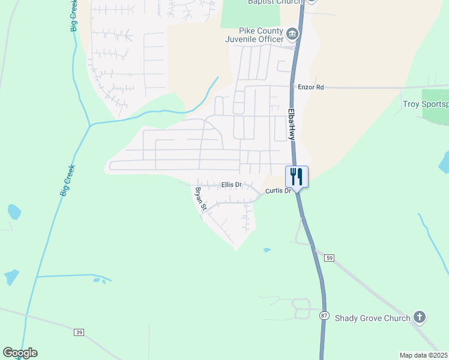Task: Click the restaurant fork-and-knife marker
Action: click(x=297, y=177)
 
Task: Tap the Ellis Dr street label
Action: click(x=231, y=185)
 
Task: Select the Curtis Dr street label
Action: click(x=278, y=191)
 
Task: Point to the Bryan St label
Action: click(x=200, y=199)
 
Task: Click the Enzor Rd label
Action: click(x=311, y=87)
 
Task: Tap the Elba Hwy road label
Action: click(x=291, y=124)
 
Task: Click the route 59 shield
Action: click(x=328, y=257)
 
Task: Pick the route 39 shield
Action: click(x=79, y=332)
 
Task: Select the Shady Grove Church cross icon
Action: click(x=420, y=317)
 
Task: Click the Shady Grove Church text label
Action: click(x=372, y=318)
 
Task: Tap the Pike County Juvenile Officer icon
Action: click(x=292, y=34)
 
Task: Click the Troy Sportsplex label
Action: click(x=425, y=104)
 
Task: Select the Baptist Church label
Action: click(x=276, y=2)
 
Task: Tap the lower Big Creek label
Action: click(x=67, y=179)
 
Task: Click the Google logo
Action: click(x=20, y=353)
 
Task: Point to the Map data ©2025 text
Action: click(x=423, y=355)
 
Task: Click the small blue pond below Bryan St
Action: click(x=267, y=250)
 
